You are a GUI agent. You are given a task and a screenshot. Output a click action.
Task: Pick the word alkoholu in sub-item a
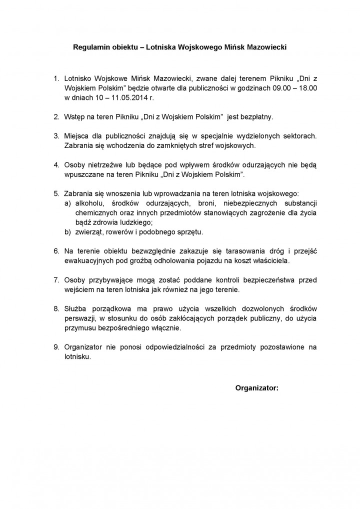coord(89,203)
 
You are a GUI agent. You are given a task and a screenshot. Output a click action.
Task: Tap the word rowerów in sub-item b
coord(120,232)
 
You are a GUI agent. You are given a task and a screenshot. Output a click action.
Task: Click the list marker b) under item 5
coord(67,232)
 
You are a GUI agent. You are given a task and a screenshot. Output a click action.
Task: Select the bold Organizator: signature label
coord(256,387)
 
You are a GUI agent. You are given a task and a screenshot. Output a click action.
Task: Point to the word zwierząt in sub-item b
coord(88,232)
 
